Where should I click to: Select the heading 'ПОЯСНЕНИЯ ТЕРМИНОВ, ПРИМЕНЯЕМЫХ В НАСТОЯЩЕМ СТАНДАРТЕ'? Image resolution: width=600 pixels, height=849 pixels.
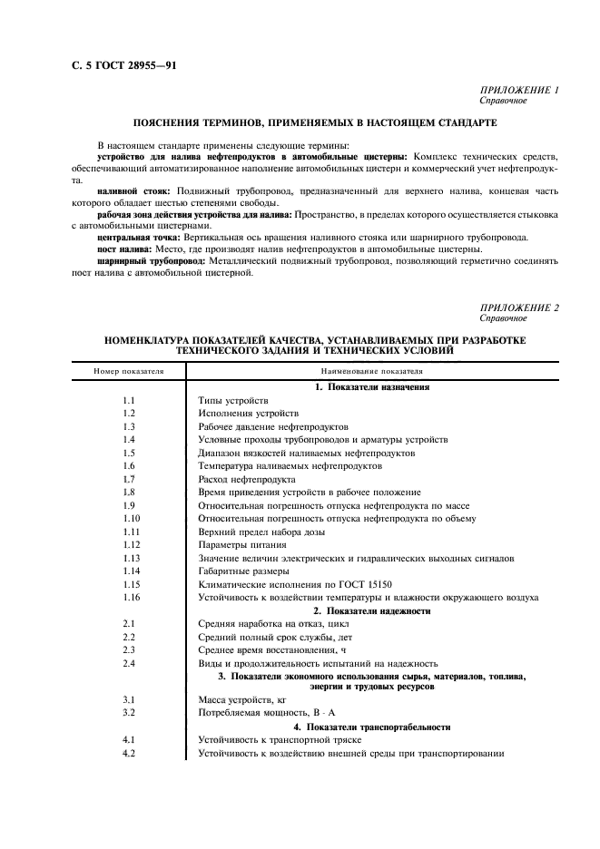[x=315, y=122]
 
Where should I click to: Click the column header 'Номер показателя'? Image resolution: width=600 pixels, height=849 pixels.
[x=128, y=370]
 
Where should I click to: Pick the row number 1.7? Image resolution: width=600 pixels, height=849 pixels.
[x=128, y=478]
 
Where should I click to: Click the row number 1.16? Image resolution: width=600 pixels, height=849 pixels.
[x=130, y=597]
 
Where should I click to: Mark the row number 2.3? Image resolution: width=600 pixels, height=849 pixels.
[x=128, y=649]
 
